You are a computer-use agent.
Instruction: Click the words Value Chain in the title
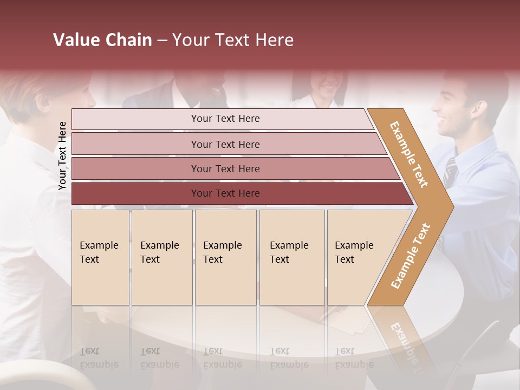(102, 40)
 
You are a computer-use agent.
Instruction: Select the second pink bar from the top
(225, 144)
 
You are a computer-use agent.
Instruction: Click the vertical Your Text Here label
(62, 155)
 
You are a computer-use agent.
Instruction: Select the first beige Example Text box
(100, 257)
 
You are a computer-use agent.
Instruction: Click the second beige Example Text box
(161, 257)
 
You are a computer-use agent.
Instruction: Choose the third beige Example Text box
(225, 257)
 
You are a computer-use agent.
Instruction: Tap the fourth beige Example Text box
(292, 257)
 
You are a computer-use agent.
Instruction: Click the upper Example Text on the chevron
(409, 154)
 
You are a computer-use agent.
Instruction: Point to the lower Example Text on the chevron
(411, 256)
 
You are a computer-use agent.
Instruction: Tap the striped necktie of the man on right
(450, 173)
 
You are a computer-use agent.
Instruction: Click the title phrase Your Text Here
(233, 40)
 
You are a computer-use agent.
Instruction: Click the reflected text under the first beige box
(99, 358)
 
